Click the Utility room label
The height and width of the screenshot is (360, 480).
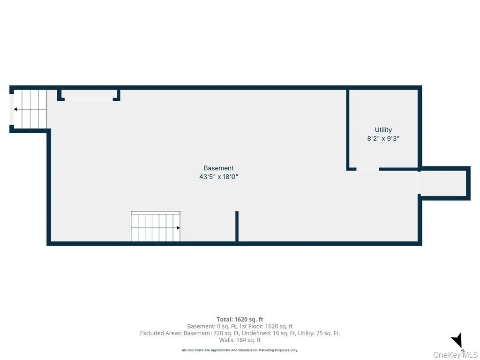383,130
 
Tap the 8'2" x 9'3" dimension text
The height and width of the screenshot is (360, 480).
383,139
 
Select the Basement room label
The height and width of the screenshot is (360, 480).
218,168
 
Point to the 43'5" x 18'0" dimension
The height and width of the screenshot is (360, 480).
218,177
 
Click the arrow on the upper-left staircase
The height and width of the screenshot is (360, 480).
16,109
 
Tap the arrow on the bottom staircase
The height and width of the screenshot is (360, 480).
178,228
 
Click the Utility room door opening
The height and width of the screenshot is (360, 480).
367,169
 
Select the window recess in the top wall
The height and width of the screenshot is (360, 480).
88,97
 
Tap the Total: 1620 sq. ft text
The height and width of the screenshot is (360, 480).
240,319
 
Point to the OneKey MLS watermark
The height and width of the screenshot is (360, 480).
455,355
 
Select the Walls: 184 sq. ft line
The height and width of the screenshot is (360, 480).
240,340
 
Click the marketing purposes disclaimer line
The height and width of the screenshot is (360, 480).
240,350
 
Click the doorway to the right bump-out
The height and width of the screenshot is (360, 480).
420,183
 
